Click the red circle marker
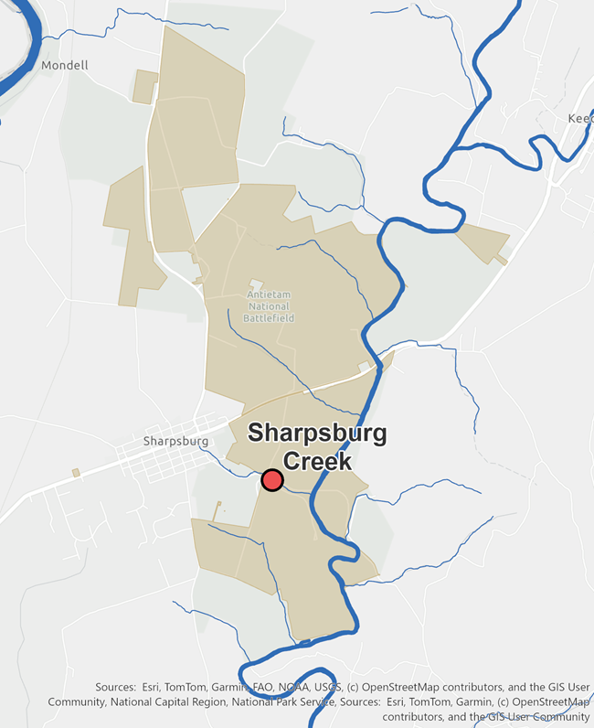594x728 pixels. tap(272, 479)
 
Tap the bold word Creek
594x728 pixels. tap(317, 461)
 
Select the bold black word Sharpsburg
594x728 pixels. tap(317, 433)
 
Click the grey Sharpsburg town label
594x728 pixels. tap(176, 441)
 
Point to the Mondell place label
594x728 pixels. tap(65, 66)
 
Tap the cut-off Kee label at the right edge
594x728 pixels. tap(580, 119)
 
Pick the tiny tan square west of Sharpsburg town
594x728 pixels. tap(76, 473)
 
